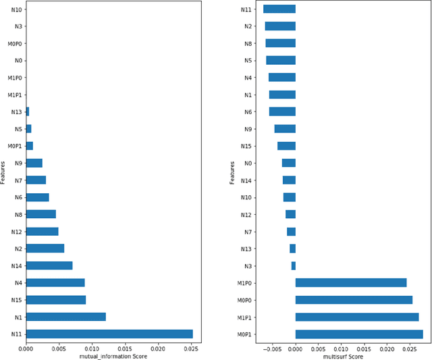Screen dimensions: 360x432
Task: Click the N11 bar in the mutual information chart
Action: click(x=109, y=334)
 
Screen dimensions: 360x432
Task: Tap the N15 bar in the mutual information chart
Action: click(x=55, y=299)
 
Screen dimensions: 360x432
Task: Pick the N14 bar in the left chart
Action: click(x=49, y=265)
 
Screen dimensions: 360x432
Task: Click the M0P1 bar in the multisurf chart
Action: click(x=359, y=334)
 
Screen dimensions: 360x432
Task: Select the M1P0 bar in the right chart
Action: click(x=351, y=282)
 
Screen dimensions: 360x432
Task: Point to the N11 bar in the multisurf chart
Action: click(x=279, y=9)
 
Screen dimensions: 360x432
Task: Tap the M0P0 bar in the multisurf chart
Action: click(x=354, y=300)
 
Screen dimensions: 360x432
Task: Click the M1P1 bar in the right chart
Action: click(x=357, y=317)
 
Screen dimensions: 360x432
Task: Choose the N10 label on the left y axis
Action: click(x=16, y=9)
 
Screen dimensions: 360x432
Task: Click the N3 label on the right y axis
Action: click(x=248, y=265)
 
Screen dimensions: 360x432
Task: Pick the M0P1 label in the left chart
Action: click(x=14, y=146)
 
